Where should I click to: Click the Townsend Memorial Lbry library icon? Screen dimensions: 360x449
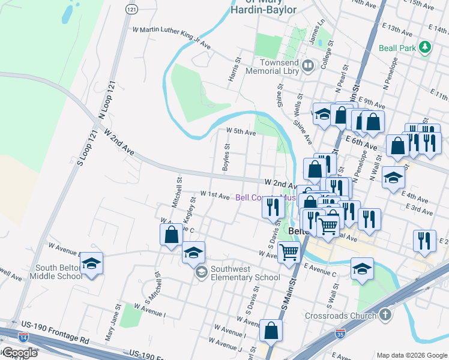tap(308, 65)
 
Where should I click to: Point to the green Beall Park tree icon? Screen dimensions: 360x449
tap(426, 47)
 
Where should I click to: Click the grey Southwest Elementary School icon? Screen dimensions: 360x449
tap(200, 273)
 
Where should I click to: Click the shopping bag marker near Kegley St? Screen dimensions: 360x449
tap(171, 234)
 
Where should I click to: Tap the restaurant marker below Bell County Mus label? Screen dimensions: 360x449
tap(273, 207)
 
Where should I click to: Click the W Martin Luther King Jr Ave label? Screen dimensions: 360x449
tap(171, 37)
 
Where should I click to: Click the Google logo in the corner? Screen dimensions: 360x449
tap(20, 353)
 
